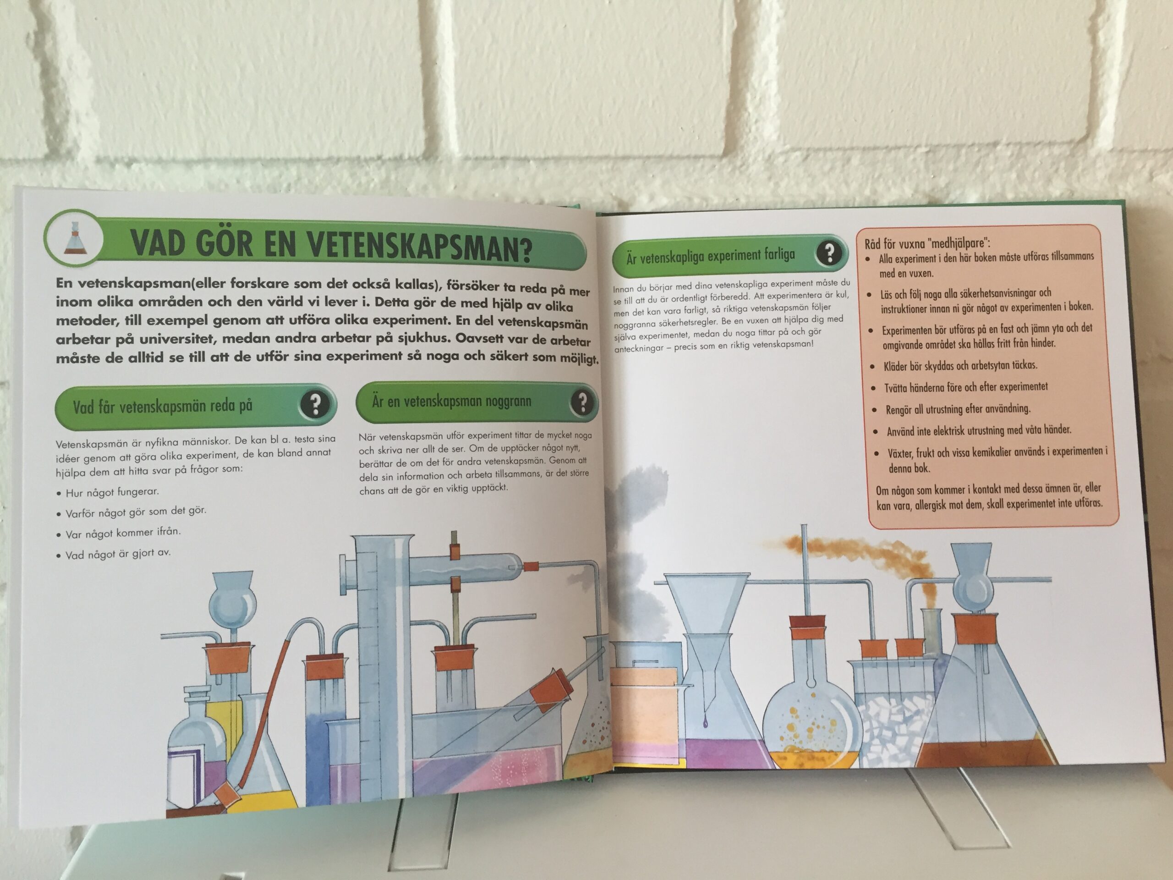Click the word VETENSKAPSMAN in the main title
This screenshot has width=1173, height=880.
(x=419, y=247)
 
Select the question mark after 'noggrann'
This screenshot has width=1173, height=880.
(x=582, y=402)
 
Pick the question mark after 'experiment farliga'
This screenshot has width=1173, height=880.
(x=829, y=253)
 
